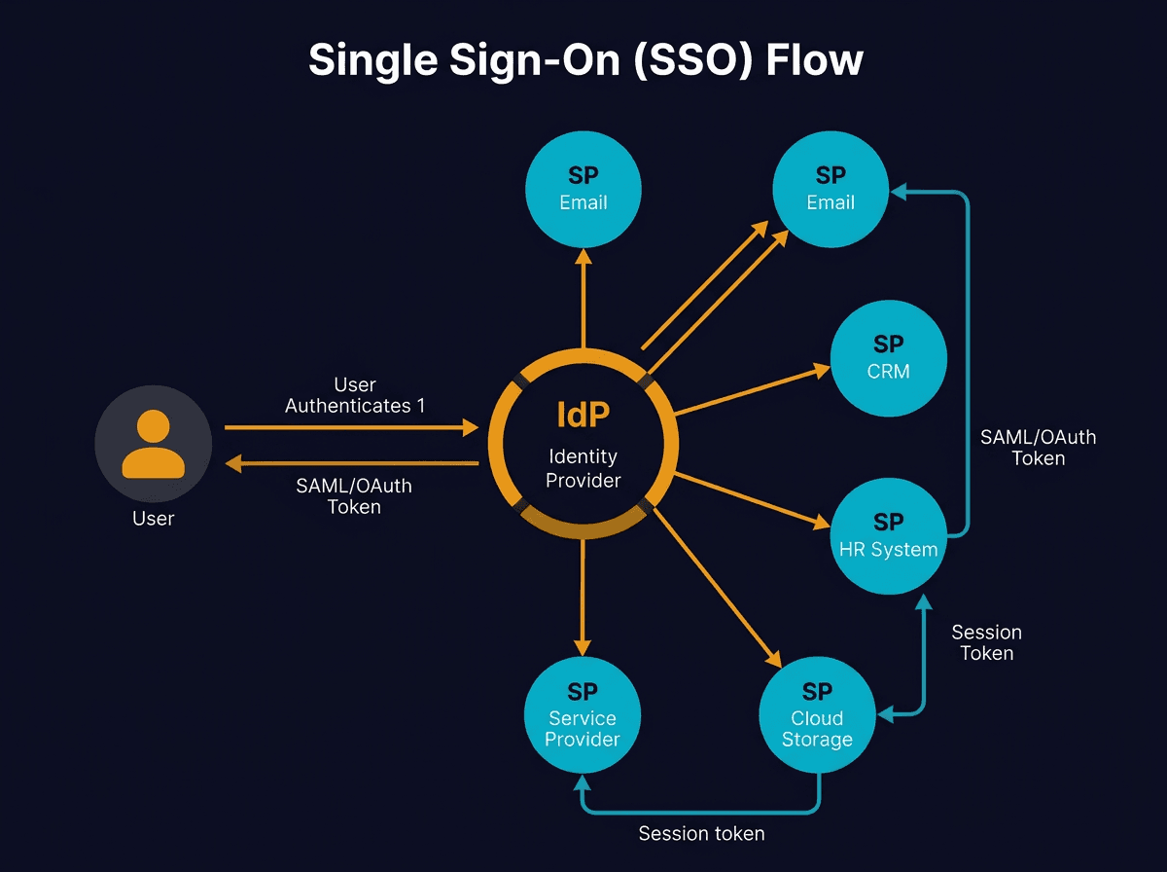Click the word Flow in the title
point(814,60)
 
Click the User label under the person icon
point(153,519)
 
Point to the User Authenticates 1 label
point(355,395)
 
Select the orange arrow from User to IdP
point(350,427)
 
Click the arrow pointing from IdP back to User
point(350,464)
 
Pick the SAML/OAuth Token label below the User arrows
point(354,495)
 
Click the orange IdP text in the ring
point(583,415)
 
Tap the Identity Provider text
point(583,468)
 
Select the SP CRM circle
point(888,357)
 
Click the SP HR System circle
point(888,535)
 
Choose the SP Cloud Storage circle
point(817,715)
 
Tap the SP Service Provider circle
point(583,715)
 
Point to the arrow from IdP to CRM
point(749,390)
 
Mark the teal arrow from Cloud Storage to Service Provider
point(700,810)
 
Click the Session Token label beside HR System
point(986,642)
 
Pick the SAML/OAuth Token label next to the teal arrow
point(1038,448)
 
